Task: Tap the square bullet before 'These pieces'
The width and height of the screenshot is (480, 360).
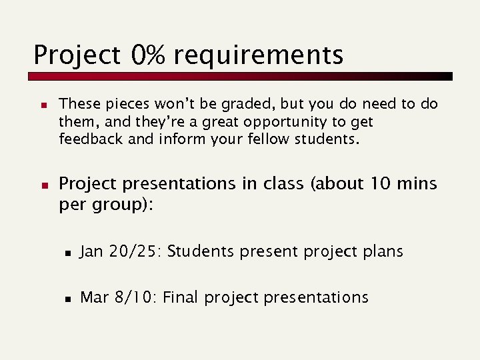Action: pos(41,105)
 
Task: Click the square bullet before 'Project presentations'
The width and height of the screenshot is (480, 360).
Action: pos(41,184)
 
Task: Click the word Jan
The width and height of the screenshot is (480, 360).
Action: pos(91,251)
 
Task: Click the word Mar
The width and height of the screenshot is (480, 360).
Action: pos(93,297)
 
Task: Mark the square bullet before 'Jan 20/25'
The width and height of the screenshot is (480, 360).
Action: pos(68,253)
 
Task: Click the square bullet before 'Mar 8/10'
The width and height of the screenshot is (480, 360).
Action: pos(68,299)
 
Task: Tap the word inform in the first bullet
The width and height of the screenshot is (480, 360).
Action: pos(181,139)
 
